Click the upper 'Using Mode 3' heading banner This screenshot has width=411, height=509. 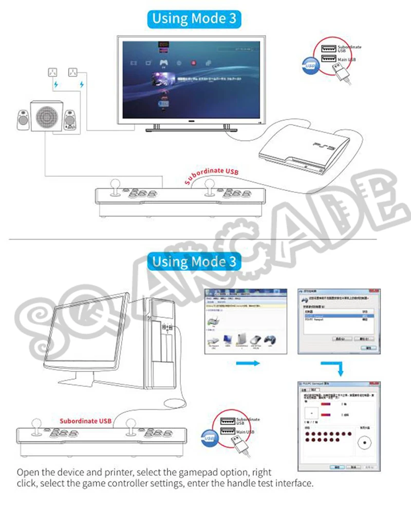coord(195,19)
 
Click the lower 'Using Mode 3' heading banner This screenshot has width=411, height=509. coord(196,262)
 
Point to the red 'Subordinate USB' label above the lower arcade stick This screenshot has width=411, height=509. coord(85,421)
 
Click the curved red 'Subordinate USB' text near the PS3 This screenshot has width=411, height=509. coord(211,174)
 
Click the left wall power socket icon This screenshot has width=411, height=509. coord(52,72)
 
